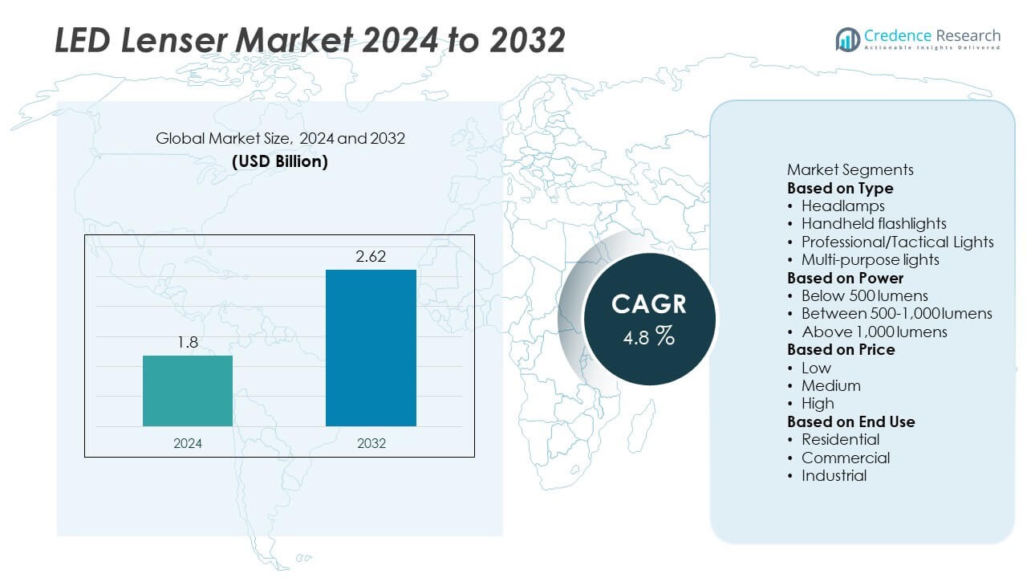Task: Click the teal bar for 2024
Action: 188,391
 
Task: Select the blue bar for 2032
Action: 371,348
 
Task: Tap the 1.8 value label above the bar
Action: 188,343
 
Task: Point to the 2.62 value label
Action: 371,257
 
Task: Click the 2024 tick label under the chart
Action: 188,443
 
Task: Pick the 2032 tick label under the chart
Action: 371,443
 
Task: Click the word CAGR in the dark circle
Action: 648,304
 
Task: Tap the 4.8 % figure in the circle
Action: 648,336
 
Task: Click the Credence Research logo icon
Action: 847,39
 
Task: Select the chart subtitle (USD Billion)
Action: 280,161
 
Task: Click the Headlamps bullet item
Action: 842,206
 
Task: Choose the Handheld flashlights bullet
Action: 874,223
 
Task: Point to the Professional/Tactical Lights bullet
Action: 897,242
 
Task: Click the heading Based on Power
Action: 845,278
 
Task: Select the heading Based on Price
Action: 841,349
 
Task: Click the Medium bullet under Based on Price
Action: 830,385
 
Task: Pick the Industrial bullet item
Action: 834,475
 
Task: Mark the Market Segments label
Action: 850,169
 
